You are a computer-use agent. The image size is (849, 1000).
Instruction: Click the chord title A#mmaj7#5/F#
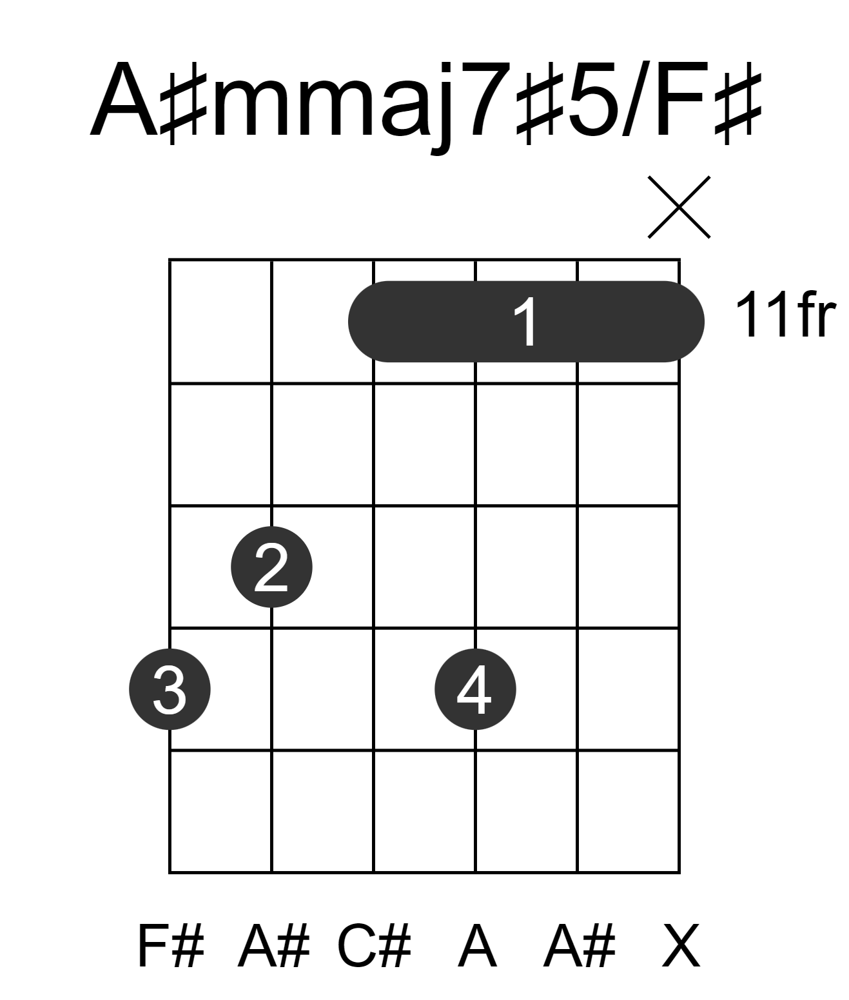pos(426,103)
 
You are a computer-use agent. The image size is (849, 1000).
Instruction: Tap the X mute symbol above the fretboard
pos(679,207)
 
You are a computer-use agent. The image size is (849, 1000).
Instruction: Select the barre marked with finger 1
pos(526,321)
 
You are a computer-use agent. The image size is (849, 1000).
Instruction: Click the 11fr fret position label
pos(785,315)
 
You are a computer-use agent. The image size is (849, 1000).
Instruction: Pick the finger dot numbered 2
pos(271,567)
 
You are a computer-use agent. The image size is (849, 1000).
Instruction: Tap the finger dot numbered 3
pos(170,689)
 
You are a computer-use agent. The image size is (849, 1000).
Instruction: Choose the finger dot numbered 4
pos(475,689)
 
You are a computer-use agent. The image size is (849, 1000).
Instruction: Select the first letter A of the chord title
pos(124,99)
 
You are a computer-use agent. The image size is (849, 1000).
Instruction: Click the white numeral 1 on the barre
pos(526,321)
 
